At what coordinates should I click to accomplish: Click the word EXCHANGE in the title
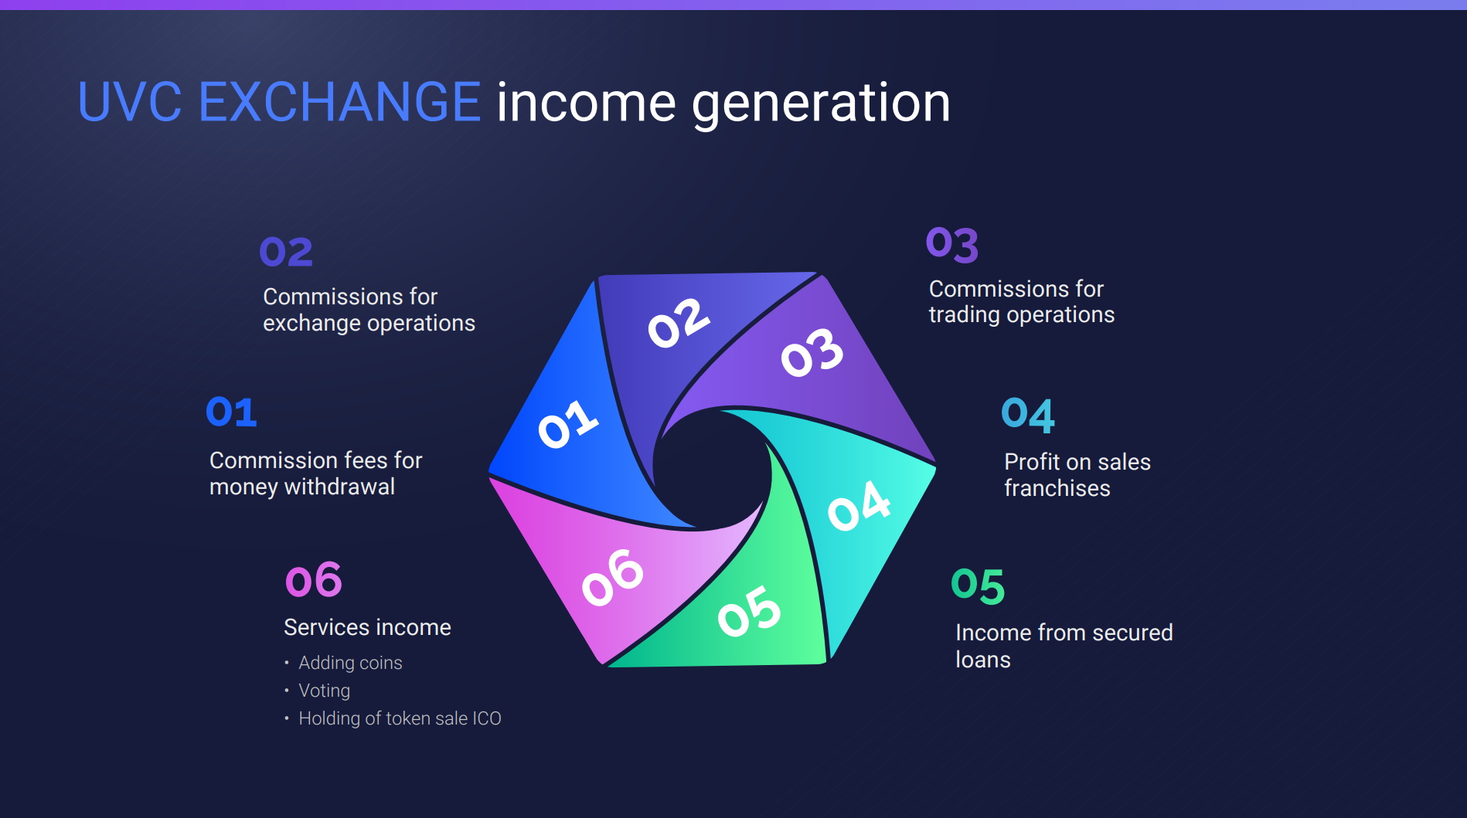click(x=340, y=102)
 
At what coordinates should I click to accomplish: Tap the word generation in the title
click(x=821, y=104)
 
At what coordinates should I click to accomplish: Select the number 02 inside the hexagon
click(x=679, y=323)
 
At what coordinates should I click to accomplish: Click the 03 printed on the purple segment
click(x=812, y=352)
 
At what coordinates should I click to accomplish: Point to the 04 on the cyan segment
click(x=859, y=506)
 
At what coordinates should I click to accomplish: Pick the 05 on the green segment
click(x=749, y=610)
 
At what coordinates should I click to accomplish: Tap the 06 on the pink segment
click(x=612, y=577)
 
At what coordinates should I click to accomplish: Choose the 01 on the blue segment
click(x=568, y=423)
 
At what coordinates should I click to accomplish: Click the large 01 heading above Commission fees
click(x=231, y=412)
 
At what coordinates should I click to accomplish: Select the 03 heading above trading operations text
click(x=952, y=244)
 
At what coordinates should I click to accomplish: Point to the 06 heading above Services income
click(x=313, y=580)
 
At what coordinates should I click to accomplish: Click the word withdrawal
click(x=339, y=487)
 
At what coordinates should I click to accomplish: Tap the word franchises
click(x=1057, y=488)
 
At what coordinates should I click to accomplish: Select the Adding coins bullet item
click(x=350, y=663)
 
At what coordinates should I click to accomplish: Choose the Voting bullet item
click(x=324, y=691)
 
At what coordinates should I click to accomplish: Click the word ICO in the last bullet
click(x=487, y=718)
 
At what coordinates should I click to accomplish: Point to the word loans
click(x=982, y=660)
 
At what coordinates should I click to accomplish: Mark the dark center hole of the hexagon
click(x=711, y=468)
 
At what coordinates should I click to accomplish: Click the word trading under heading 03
click(x=964, y=315)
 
